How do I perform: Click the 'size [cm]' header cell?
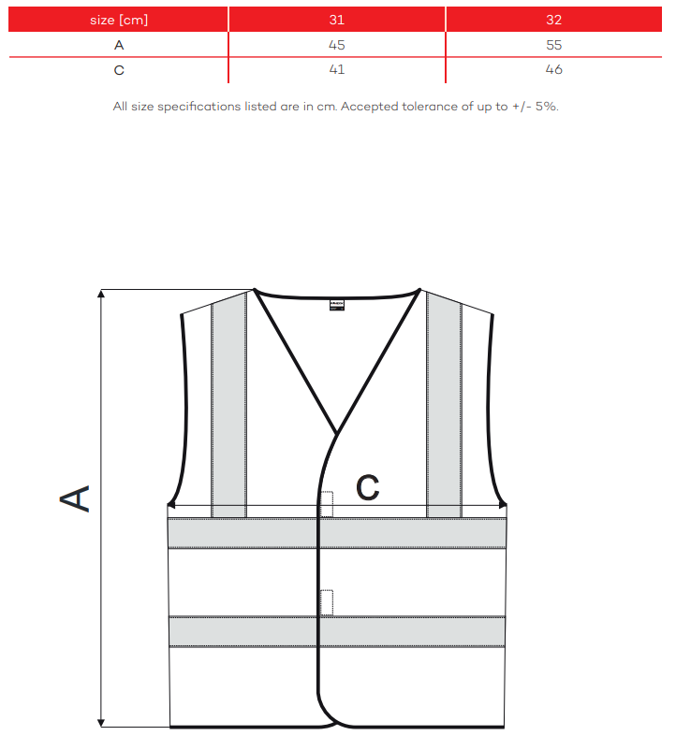coord(119,20)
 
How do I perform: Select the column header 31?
coord(336,20)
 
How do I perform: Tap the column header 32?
coord(553,20)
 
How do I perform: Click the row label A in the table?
coord(119,45)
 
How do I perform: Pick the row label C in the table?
coord(119,70)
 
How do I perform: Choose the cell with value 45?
coord(336,45)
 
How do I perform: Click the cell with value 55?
coord(553,45)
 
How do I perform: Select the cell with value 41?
coord(336,70)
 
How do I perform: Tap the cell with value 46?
coord(553,70)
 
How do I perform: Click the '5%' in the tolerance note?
coord(546,107)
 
